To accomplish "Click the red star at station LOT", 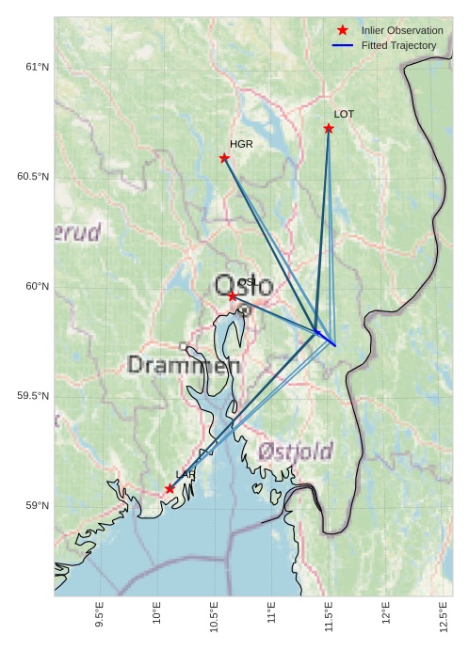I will point(329,128).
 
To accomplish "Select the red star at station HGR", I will point(224,158).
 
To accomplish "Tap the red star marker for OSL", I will point(233,296).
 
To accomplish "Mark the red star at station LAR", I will point(170,488).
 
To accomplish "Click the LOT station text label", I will point(344,114).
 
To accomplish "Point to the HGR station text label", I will point(241,144).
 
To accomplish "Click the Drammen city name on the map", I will point(184,365).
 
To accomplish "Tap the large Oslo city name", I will point(243,286).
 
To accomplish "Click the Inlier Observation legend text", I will point(401,31).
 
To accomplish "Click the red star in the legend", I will point(343,31).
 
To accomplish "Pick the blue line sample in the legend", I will point(343,45).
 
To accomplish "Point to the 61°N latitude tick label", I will point(37,67).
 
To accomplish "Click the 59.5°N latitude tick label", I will point(33,396).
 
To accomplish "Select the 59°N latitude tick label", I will point(37,506).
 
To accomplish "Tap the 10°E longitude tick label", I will point(157,616).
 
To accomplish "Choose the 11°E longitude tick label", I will point(271,616).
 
